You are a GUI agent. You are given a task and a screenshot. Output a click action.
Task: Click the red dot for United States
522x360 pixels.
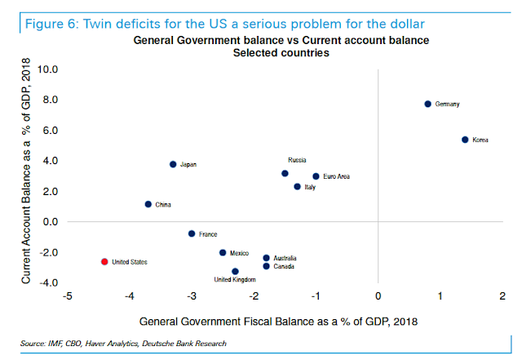(104, 261)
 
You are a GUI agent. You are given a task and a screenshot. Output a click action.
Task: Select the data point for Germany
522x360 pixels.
(427, 104)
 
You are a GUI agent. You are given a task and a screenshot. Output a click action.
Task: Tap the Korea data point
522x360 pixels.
(465, 140)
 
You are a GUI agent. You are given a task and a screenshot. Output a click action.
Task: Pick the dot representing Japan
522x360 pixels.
(173, 164)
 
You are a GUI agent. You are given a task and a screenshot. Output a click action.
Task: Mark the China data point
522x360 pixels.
(148, 204)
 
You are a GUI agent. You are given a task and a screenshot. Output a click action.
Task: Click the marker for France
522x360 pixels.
(192, 233)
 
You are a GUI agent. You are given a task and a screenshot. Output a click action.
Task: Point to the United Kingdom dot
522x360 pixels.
(235, 271)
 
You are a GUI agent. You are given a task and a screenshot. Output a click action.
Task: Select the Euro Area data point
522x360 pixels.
(316, 176)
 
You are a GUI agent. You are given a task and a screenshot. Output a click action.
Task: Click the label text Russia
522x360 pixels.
(297, 160)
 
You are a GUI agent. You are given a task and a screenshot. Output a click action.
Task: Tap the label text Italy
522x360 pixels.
(309, 188)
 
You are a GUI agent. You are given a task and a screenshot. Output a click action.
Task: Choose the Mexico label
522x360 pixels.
(239, 253)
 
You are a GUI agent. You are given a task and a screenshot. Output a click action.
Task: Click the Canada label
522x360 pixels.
(284, 267)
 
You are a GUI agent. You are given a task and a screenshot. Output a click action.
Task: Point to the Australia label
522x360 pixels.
(285, 258)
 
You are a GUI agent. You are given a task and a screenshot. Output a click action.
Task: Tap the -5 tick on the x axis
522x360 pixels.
(69, 295)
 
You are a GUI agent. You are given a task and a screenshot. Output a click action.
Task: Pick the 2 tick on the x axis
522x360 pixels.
(502, 295)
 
